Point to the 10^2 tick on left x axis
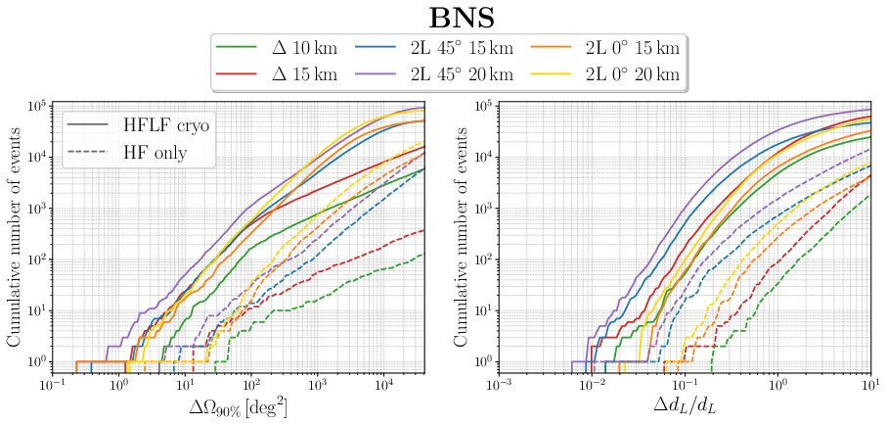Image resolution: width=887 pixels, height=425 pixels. click(251, 385)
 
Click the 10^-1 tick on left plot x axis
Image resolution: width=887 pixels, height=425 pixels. click(52, 385)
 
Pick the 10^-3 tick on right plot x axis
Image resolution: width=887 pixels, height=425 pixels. click(500, 385)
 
